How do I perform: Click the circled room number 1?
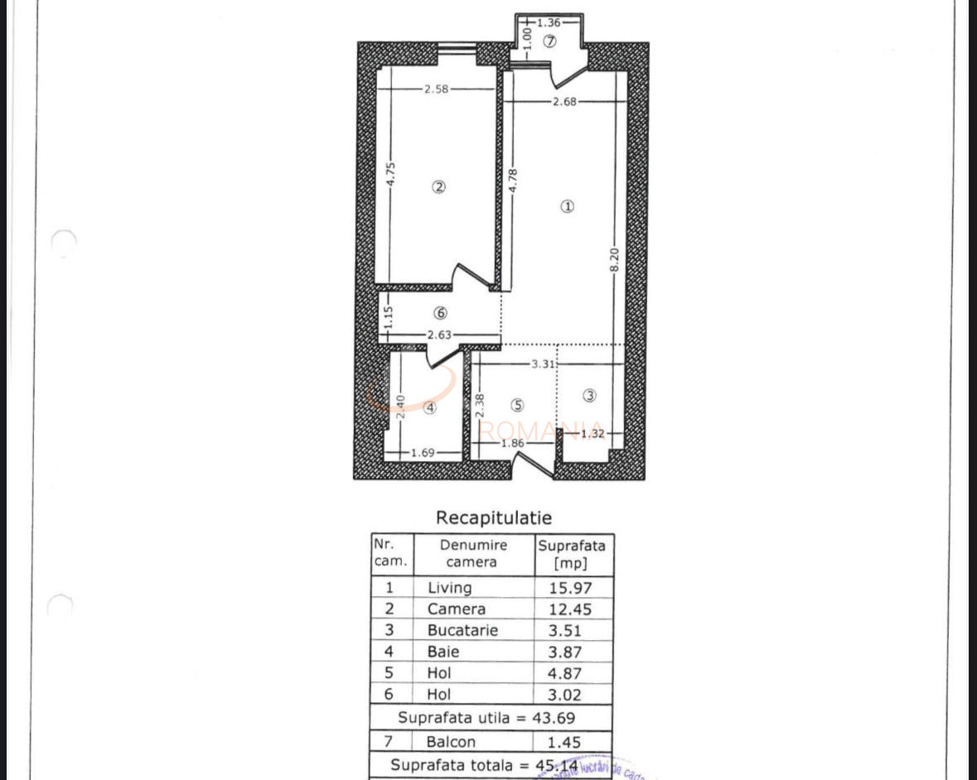coord(567,207)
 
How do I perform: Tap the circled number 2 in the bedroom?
coord(439,187)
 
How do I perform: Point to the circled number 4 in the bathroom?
coord(429,407)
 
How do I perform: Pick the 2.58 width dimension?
coord(436,89)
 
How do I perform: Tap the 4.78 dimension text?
coord(514,181)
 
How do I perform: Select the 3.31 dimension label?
coord(543,364)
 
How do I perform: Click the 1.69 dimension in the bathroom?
coord(423,452)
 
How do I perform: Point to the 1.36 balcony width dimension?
coord(549,22)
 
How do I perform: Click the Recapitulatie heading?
coord(494,518)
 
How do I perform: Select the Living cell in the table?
coord(450,588)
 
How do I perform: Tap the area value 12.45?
coord(571,609)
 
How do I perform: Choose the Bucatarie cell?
coord(462,630)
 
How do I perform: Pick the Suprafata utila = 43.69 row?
coord(492,717)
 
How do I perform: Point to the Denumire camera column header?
coord(473,553)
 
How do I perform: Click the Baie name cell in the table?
coord(443,652)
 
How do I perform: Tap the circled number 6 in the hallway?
coord(440,313)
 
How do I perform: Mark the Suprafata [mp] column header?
coord(572,554)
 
